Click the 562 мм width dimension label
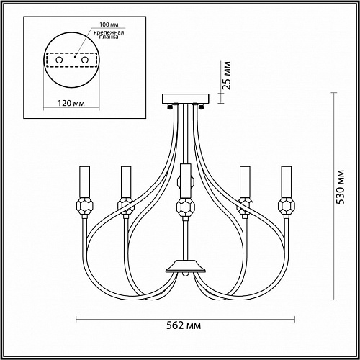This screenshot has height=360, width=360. (184, 325)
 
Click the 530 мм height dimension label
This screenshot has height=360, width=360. (340, 187)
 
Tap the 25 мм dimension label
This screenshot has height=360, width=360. (226, 76)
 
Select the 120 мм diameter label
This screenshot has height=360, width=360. (71, 103)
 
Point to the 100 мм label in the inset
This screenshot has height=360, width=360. (109, 24)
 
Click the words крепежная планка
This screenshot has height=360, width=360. (109, 35)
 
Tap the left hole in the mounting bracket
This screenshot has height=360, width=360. (59, 60)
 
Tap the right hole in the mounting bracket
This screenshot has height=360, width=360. (85, 60)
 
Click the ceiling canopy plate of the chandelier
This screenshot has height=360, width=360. (186, 99)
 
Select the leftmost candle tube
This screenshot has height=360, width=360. (85, 181)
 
